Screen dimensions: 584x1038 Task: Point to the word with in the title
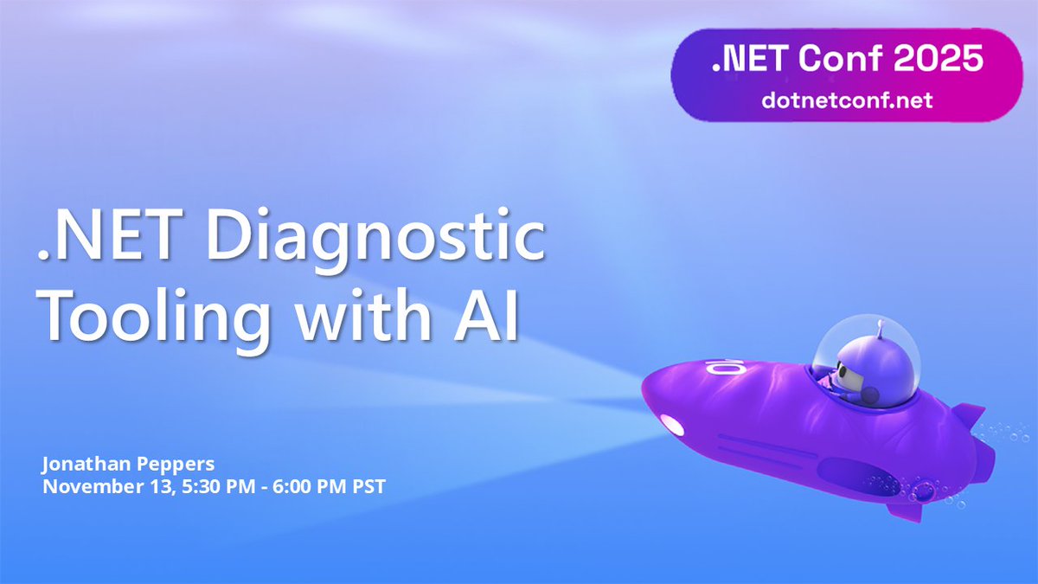point(364,318)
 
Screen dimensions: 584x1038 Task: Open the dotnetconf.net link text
point(847,99)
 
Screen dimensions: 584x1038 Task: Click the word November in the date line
point(85,485)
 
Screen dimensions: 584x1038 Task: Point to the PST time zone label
point(366,485)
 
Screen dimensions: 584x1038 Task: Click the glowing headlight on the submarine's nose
point(671,424)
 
